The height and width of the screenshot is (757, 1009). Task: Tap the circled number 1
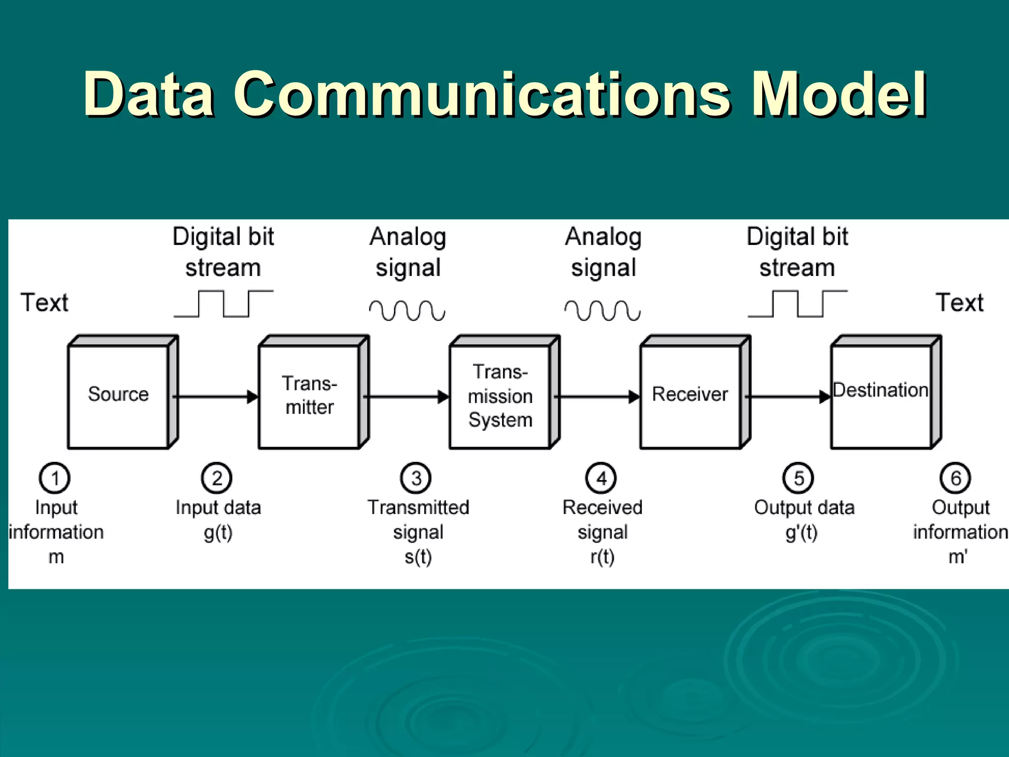[55, 478]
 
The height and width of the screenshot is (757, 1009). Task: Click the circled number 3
[416, 478]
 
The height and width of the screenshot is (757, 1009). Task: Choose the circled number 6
[955, 478]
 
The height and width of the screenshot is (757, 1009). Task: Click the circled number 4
[601, 478]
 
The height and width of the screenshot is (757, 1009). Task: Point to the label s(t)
[418, 557]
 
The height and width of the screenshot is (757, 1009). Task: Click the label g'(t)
[802, 533]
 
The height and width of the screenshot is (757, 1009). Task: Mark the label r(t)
[602, 557]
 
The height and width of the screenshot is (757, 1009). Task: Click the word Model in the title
[840, 94]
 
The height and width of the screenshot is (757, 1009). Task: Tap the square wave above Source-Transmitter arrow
[224, 304]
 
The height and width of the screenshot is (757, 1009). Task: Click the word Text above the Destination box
[959, 303]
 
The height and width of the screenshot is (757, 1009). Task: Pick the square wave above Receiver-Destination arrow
[798, 304]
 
